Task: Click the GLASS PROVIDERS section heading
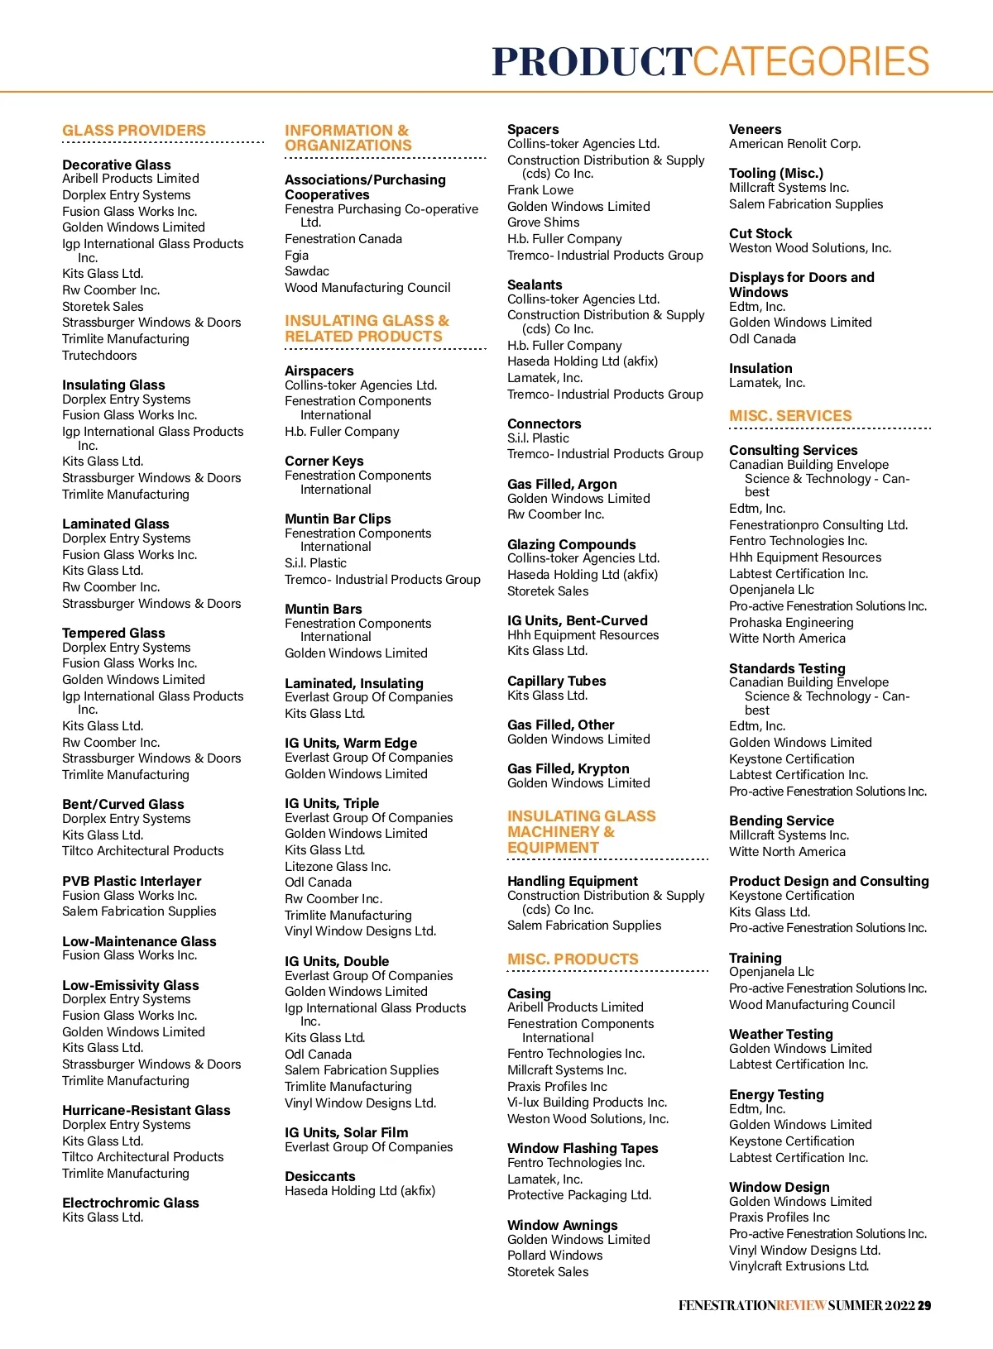pos(133,131)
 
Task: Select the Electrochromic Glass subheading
pos(130,1203)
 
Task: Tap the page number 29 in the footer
pos(924,1305)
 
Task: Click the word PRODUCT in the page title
pos(591,62)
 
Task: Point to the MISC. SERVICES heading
pos(789,416)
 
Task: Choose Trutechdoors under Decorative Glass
pos(99,356)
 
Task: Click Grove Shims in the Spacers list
pos(543,222)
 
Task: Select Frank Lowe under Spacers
pos(540,190)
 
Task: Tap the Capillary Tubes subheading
pos(556,681)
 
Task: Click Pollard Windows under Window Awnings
pos(554,1256)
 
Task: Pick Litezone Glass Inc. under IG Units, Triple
pos(337,867)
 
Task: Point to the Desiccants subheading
pos(319,1176)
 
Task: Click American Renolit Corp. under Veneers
pos(794,144)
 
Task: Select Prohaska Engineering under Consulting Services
pos(790,623)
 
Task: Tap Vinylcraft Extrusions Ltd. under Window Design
pos(799,1266)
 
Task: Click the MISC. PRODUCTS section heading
pos(573,959)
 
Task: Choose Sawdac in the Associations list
pos(306,271)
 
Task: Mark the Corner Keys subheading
pos(324,461)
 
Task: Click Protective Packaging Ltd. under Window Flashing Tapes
pos(578,1195)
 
